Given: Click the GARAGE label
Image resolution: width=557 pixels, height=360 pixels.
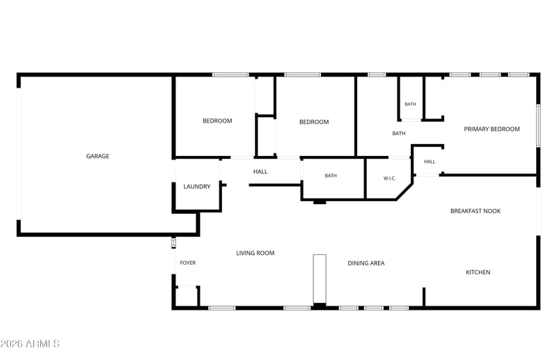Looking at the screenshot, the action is tap(97, 156).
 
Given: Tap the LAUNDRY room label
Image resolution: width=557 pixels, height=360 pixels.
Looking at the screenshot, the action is tap(197, 186).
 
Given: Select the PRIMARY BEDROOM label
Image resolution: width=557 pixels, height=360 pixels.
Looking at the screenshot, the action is tap(492, 129).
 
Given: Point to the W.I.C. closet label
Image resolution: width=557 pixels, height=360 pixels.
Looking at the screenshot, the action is tap(389, 178).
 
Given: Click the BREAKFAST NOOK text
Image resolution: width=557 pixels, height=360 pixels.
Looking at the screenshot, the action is tap(476, 211).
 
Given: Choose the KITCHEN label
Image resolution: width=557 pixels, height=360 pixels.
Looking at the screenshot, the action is tap(478, 272).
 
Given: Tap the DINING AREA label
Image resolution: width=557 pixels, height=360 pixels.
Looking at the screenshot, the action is tap(366, 263).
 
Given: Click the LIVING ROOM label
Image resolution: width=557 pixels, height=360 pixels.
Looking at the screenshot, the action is tap(255, 253).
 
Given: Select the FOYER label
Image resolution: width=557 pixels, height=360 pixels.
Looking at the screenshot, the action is tap(187, 263).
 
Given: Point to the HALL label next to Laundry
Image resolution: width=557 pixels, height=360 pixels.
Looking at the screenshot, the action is tap(260, 172).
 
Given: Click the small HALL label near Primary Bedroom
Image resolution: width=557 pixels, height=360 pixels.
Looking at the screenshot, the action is tap(430, 162).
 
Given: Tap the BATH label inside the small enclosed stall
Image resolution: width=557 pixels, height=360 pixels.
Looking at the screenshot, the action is tap(410, 104).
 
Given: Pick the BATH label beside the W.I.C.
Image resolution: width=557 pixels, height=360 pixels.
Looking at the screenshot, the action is tap(331, 175).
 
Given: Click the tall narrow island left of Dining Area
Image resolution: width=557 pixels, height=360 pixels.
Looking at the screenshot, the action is tap(320, 279).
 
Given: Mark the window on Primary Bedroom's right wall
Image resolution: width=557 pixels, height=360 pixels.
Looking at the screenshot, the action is tap(538, 125).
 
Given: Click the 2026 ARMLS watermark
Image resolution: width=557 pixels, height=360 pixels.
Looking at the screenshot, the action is tap(30, 344).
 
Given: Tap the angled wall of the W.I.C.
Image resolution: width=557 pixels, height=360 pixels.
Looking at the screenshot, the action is tap(405, 191).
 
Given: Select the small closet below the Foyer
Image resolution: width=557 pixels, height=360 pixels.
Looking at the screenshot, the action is tap(187, 296).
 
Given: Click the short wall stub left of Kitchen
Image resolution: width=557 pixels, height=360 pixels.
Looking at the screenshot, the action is tap(424, 297).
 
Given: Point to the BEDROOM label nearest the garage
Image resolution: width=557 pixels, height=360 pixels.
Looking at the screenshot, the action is tap(217, 121).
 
